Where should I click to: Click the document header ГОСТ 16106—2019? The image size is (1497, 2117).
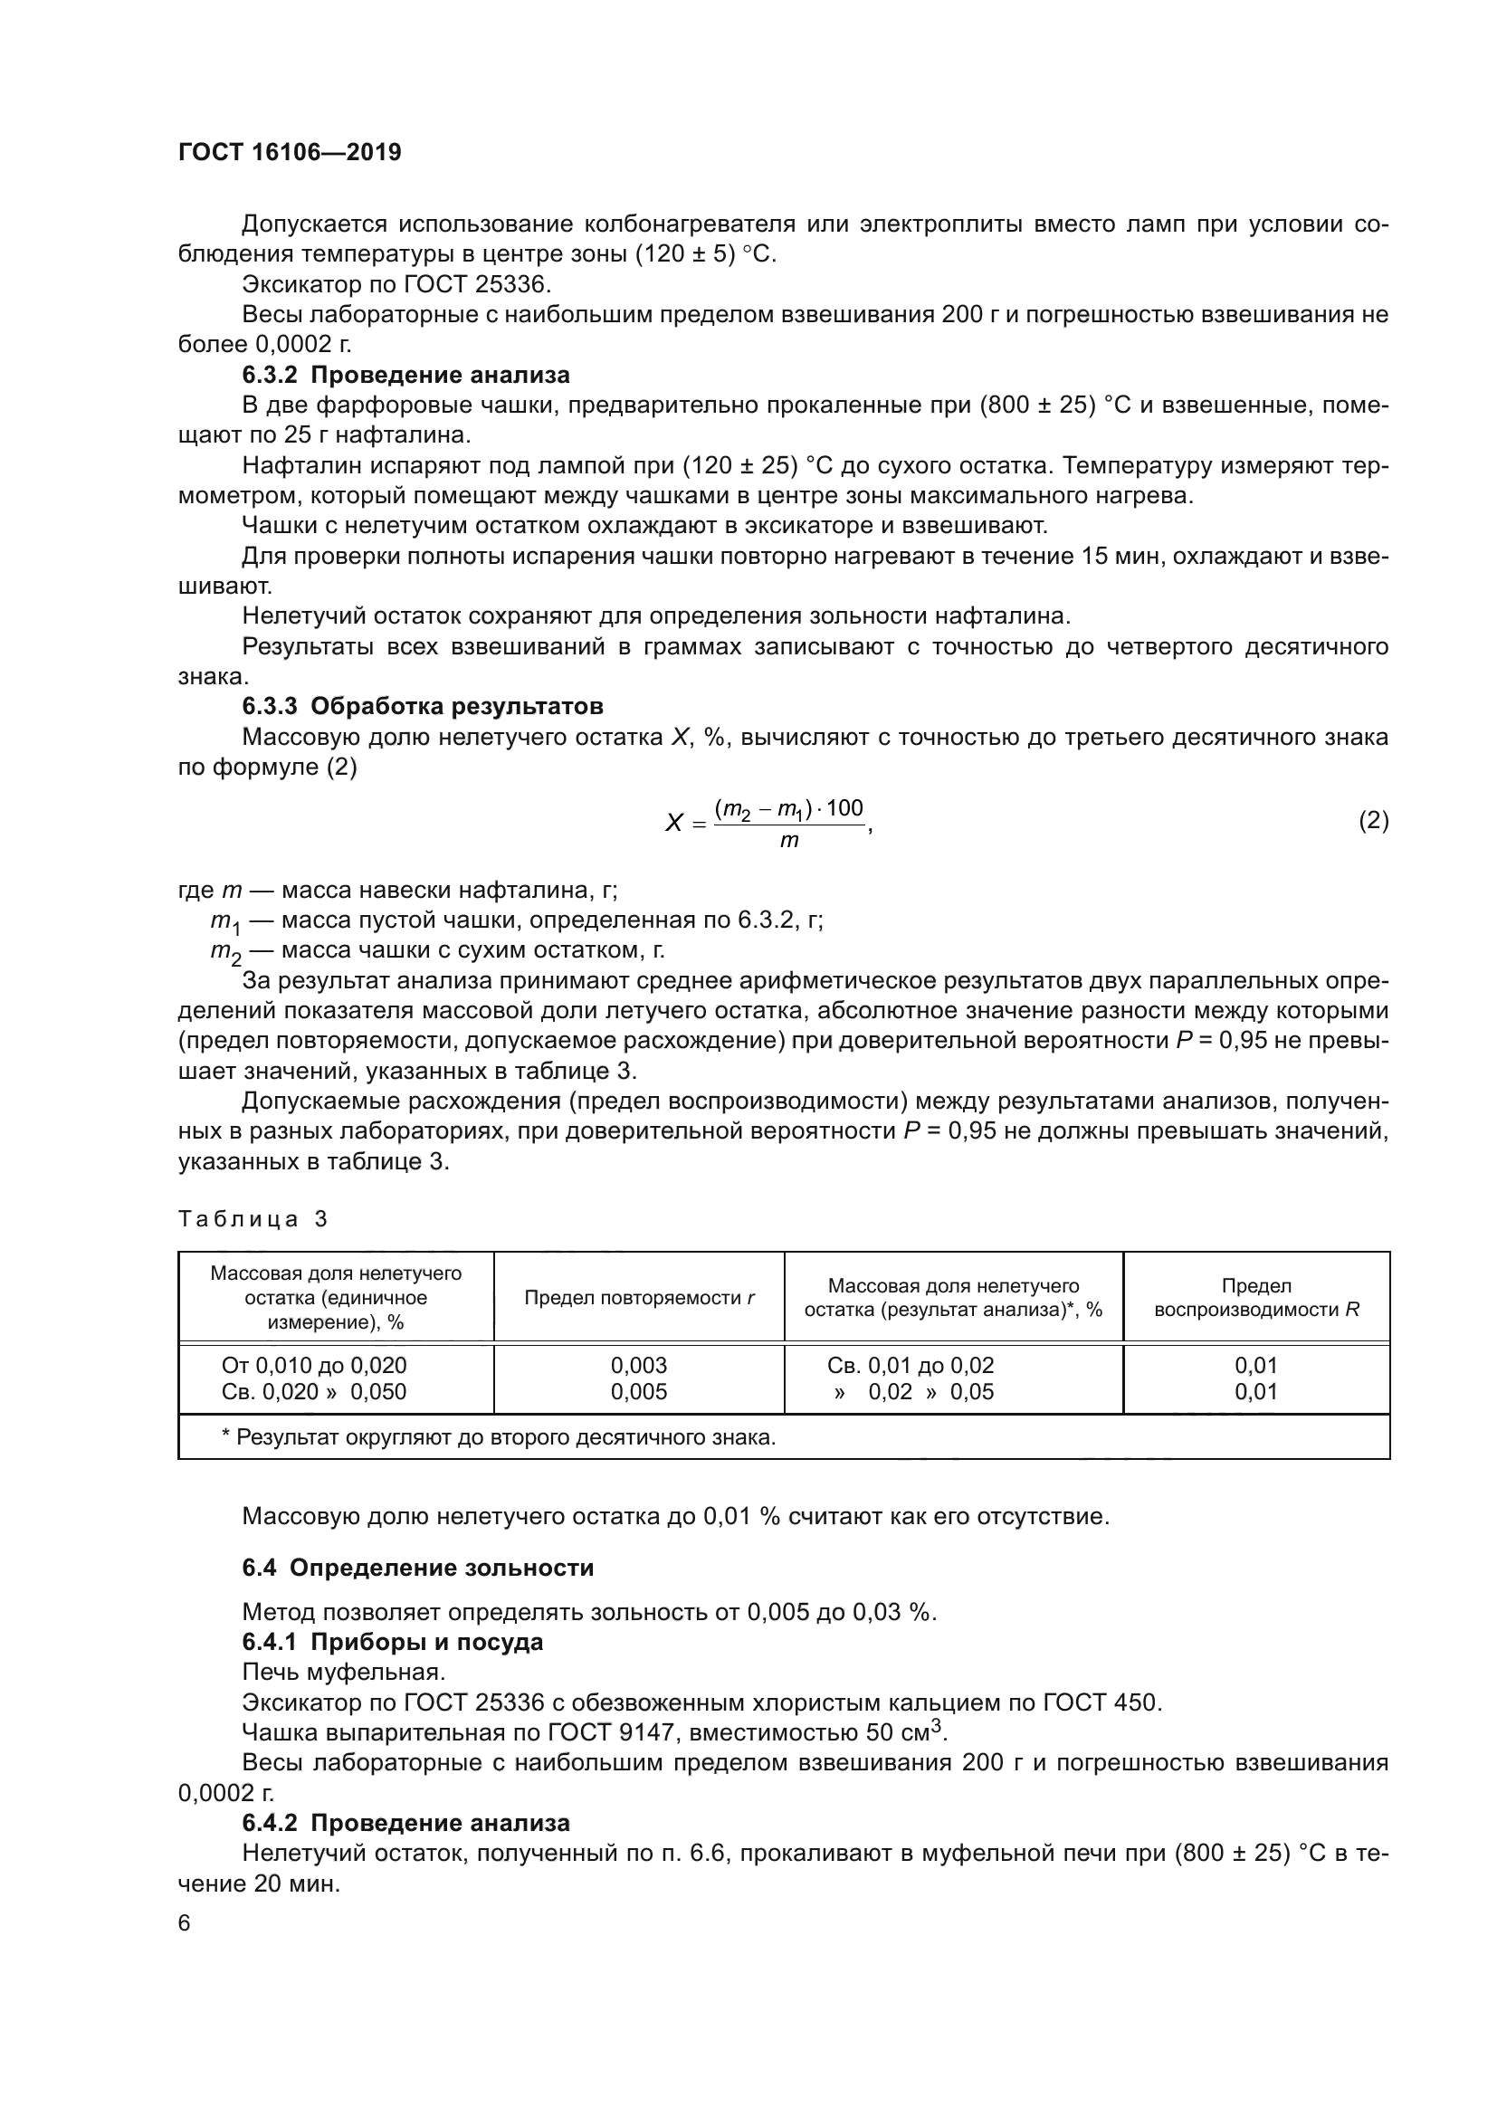coord(290,153)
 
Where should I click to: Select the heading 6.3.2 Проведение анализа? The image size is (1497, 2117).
coord(405,376)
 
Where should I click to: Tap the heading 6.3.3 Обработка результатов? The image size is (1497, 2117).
coord(422,706)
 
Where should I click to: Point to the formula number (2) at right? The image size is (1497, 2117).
coord(1373,820)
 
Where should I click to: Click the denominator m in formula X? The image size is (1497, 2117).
coord(789,840)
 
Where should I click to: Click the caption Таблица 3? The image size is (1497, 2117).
coord(253,1219)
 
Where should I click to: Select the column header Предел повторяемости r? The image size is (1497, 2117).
coord(639,1297)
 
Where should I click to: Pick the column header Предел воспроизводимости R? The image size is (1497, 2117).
coord(1255,1297)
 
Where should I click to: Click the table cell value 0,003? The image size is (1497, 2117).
coord(639,1366)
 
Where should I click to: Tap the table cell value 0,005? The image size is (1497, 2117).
coord(639,1391)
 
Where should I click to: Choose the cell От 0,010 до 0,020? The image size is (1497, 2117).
coord(313,1366)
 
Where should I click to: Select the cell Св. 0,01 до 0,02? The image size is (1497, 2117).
coord(911,1366)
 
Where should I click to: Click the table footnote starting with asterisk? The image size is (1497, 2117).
coord(498,1437)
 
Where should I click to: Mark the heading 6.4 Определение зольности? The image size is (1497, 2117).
coord(417,1569)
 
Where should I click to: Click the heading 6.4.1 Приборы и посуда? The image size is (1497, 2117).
coord(393,1642)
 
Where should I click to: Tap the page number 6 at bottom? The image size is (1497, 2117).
coord(185,1923)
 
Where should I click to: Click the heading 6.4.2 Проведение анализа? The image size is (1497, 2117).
coord(405,1823)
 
